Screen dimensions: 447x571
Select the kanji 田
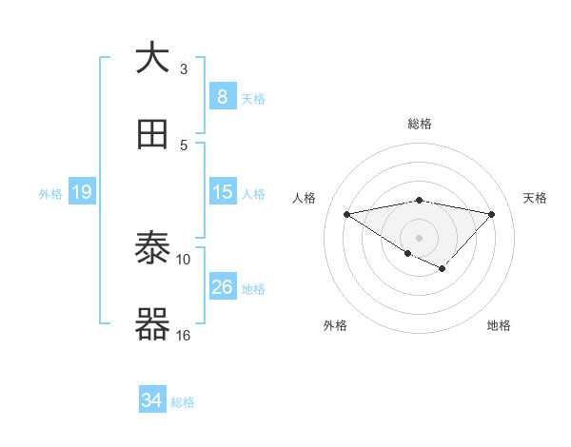(152, 136)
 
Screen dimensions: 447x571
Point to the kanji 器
(152, 325)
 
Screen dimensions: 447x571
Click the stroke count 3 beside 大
(184, 69)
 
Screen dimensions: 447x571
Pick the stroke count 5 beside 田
(184, 146)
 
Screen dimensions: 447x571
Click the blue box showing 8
(222, 96)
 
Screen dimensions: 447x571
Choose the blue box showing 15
(222, 192)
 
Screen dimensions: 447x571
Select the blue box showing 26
(222, 287)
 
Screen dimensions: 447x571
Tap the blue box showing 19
(82, 192)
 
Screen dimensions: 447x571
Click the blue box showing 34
(152, 400)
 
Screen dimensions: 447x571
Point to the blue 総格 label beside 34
(183, 402)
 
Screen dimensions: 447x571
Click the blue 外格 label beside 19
(50, 194)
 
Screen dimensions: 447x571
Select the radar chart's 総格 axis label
(420, 124)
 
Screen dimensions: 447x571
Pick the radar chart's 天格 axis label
(536, 198)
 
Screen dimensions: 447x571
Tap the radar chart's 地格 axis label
(499, 326)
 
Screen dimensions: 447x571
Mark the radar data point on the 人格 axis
(346, 213)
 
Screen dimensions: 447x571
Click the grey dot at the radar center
(419, 237)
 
